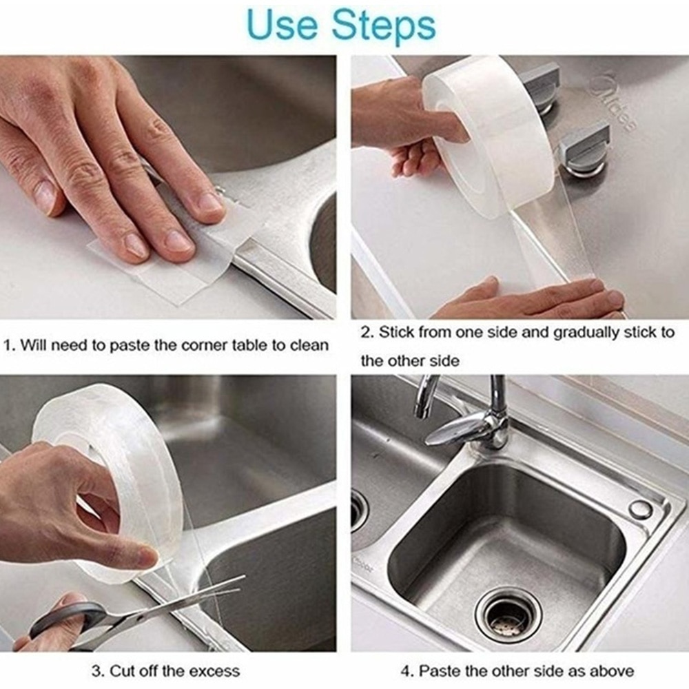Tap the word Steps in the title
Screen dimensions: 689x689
tap(384, 26)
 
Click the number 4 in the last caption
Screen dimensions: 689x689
tap(405, 670)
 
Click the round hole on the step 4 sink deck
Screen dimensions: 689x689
tap(640, 509)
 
